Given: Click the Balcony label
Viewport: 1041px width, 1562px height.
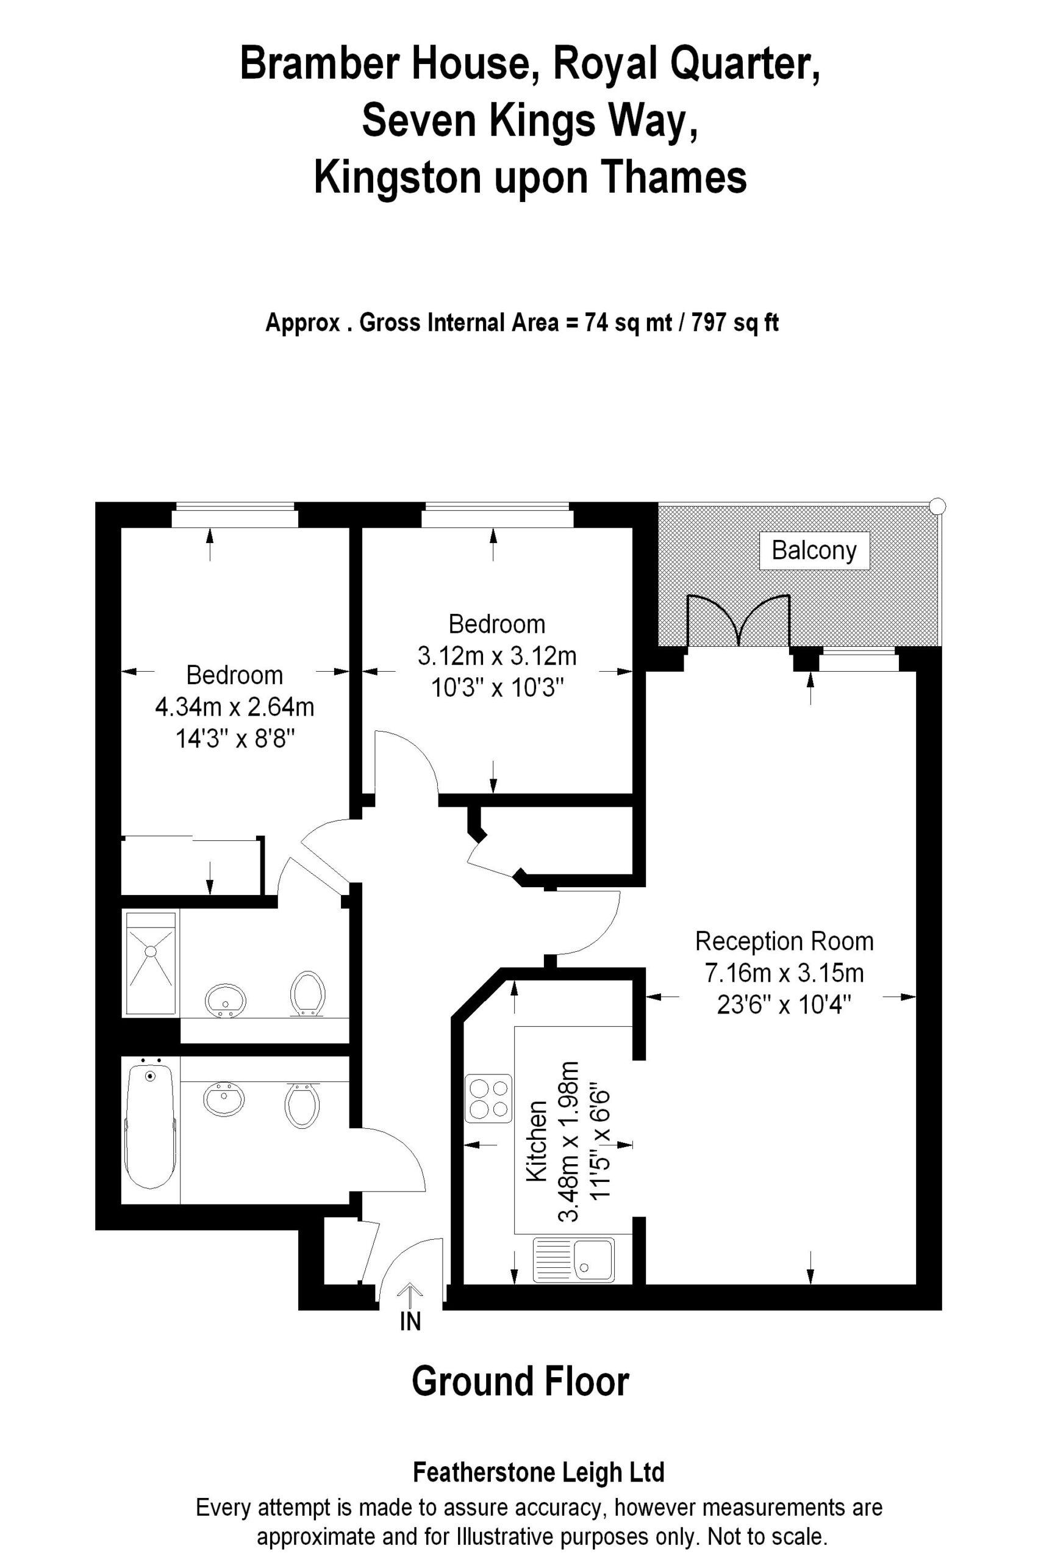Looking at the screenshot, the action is (814, 550).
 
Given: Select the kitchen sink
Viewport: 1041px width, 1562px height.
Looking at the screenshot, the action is (574, 1260).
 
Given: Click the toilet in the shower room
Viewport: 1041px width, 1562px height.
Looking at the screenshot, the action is (307, 993).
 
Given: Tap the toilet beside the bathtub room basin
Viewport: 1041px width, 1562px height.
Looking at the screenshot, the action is (302, 1105).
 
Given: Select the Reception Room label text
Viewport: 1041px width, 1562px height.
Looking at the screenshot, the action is (784, 941).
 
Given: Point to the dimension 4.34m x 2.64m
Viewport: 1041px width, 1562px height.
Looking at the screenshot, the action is (234, 707).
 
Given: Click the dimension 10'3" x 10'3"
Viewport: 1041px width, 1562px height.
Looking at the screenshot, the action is (497, 688).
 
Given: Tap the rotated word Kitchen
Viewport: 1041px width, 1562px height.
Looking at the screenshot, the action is (537, 1142).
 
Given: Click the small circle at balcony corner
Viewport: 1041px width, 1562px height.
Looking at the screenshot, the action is (937, 506).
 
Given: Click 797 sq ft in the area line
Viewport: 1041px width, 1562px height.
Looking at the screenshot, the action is (735, 323).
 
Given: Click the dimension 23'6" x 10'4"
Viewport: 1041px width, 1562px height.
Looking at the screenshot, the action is (784, 1005).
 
